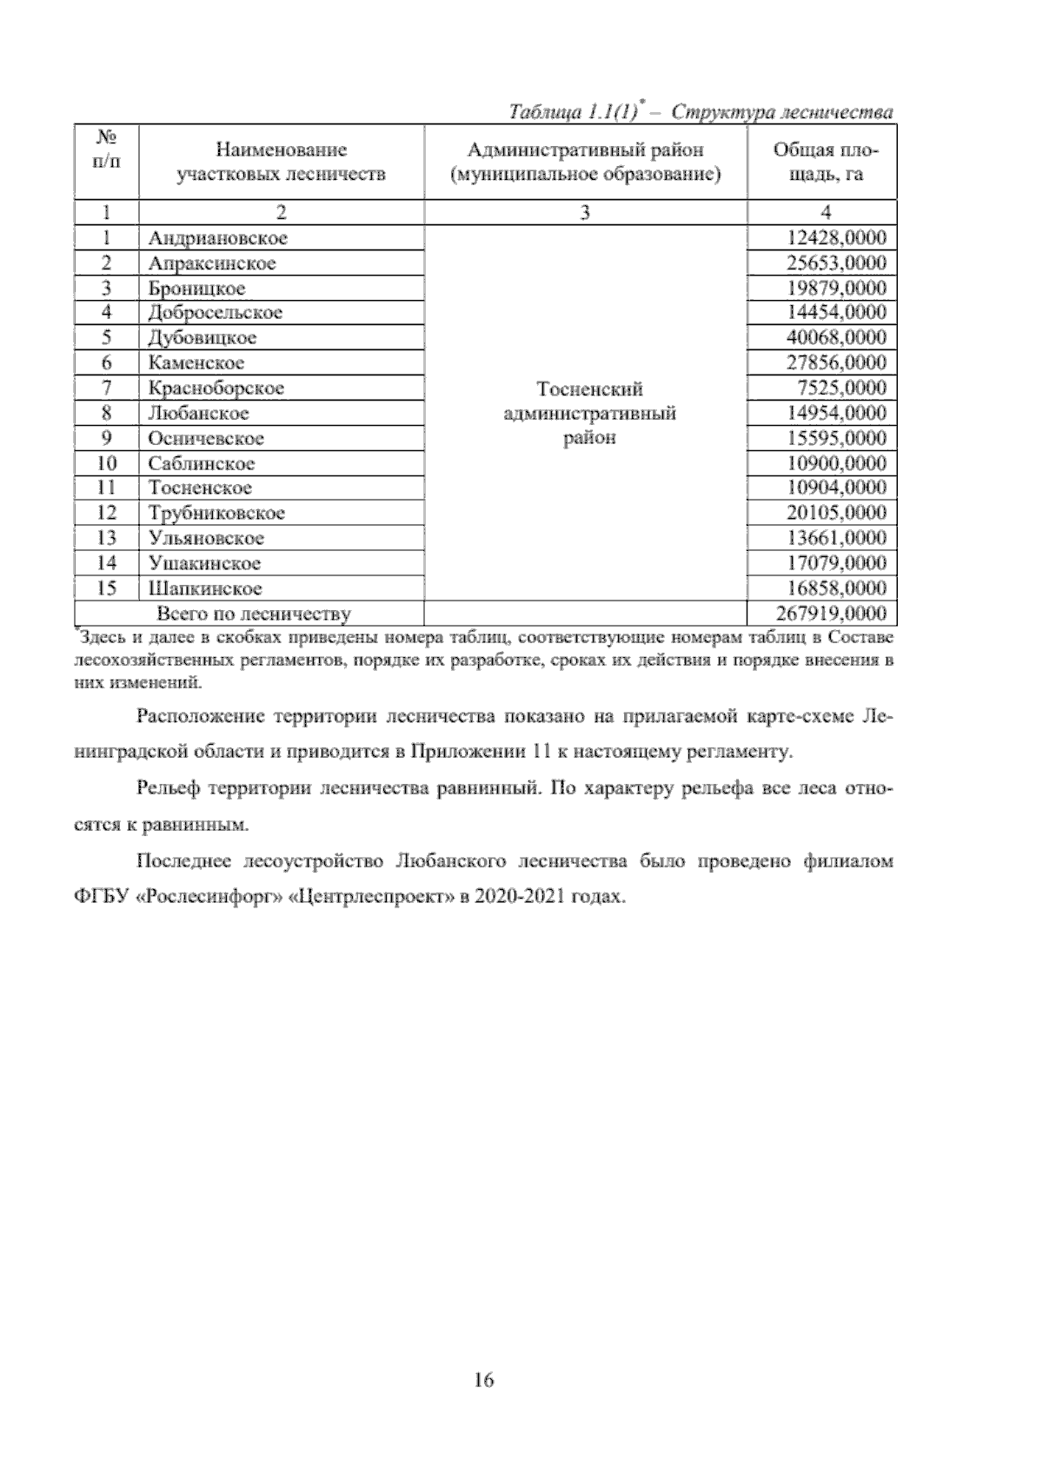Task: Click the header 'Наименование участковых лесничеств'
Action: pyautogui.click(x=281, y=162)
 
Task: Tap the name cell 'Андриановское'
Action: pyautogui.click(x=217, y=238)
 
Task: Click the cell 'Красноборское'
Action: pyautogui.click(x=216, y=388)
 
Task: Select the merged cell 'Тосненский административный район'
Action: pyautogui.click(x=589, y=413)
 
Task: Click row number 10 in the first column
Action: pyautogui.click(x=106, y=463)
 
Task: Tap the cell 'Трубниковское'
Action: pyautogui.click(x=216, y=513)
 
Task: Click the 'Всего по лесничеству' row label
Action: pyautogui.click(x=253, y=614)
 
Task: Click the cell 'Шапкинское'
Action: pyautogui.click(x=204, y=588)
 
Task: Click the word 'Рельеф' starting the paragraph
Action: pyautogui.click(x=168, y=789)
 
